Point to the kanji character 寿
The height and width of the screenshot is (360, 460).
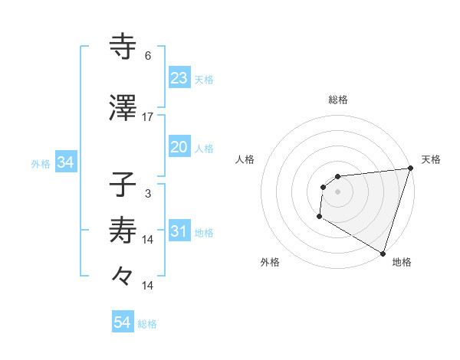click(x=123, y=230)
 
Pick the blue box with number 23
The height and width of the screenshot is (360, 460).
click(x=179, y=78)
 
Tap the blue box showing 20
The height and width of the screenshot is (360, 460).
click(x=179, y=148)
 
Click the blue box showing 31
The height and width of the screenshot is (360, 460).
click(x=179, y=232)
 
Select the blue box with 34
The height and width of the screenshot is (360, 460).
click(x=65, y=162)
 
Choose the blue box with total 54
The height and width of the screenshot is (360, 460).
click(x=123, y=322)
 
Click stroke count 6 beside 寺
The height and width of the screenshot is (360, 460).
click(x=148, y=56)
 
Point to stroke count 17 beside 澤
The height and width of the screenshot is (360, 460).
click(x=148, y=117)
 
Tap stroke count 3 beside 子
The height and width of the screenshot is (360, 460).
click(x=148, y=194)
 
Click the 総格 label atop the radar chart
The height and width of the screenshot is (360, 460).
click(x=338, y=100)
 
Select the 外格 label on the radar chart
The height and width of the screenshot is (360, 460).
click(x=270, y=263)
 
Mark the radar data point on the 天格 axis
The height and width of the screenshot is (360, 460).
click(x=410, y=169)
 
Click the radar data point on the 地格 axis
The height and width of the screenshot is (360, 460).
click(x=383, y=253)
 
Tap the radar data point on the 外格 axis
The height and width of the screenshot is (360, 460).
click(x=319, y=217)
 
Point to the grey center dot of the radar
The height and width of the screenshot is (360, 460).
click(x=337, y=191)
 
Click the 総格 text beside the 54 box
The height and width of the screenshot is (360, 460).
click(x=147, y=324)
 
